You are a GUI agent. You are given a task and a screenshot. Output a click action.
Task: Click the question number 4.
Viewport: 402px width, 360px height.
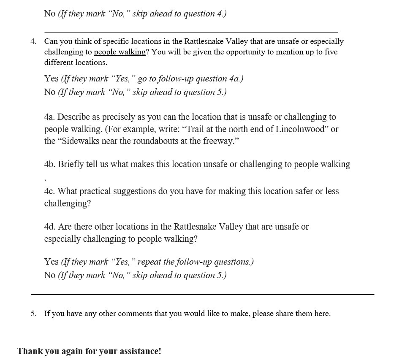pyautogui.click(x=33, y=42)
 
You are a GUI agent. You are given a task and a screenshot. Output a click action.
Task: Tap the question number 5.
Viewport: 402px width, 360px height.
pyautogui.click(x=33, y=314)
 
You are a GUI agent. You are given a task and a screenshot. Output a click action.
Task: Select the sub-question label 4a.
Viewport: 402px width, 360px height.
pyautogui.click(x=50, y=117)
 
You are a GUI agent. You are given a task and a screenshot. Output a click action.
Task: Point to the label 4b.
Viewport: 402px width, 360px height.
pyautogui.click(x=50, y=164)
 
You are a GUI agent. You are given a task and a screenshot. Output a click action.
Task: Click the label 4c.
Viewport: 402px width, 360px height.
pyautogui.click(x=50, y=191)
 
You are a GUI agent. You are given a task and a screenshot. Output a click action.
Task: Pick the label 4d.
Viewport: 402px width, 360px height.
pyautogui.click(x=50, y=227)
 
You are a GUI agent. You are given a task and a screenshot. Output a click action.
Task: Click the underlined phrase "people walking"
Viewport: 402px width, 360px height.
pyautogui.click(x=120, y=52)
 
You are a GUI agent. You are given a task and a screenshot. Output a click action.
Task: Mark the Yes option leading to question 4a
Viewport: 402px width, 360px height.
pyautogui.click(x=51, y=79)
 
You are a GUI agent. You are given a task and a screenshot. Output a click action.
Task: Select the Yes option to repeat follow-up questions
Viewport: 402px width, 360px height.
pyautogui.click(x=51, y=262)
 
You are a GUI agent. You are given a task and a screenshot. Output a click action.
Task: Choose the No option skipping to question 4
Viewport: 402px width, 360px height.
pyautogui.click(x=49, y=14)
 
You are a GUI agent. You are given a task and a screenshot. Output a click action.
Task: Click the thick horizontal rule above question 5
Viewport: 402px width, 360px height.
pyautogui.click(x=202, y=294)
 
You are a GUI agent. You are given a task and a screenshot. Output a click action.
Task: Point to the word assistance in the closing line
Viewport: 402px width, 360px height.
pyautogui.click(x=139, y=351)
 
